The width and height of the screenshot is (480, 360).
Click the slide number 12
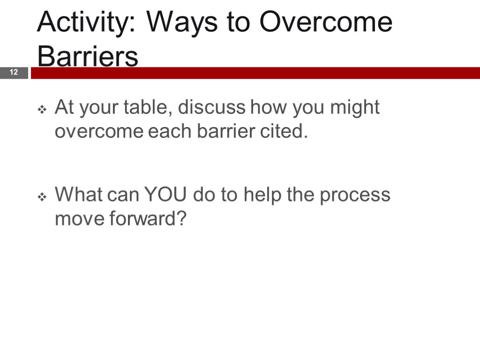coord(14,72)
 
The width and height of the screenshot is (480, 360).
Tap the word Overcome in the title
coord(326,22)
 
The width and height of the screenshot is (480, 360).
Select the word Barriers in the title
coord(88,56)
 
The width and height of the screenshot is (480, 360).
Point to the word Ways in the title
coord(182,23)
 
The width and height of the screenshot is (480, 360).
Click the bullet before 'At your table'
coord(42,109)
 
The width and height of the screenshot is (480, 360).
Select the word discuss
coord(212,107)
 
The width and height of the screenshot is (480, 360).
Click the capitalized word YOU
coord(165,195)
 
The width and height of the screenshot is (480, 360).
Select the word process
coord(355,196)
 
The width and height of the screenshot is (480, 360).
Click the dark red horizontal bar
coord(255,73)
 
